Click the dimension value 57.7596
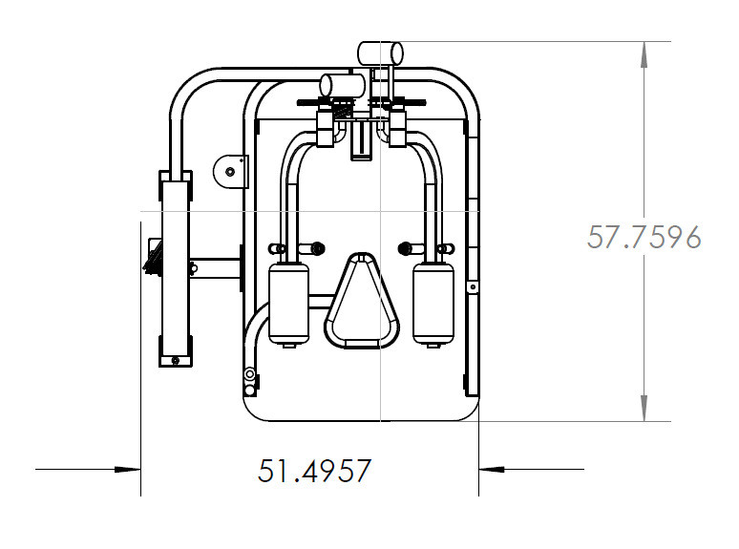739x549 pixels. click(x=644, y=237)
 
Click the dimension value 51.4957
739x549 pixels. click(x=314, y=471)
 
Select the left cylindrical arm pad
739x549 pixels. click(x=288, y=303)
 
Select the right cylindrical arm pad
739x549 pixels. click(x=433, y=303)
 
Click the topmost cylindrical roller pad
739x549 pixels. click(x=380, y=53)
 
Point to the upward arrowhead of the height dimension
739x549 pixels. click(x=644, y=54)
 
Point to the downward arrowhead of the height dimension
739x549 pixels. click(x=644, y=408)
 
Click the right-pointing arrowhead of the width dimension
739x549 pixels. click(x=127, y=470)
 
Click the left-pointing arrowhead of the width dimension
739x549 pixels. click(x=492, y=470)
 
